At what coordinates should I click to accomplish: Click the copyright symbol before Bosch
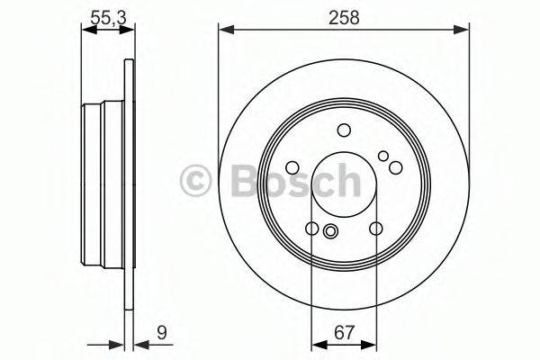(194, 177)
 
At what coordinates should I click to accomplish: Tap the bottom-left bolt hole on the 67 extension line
(311, 229)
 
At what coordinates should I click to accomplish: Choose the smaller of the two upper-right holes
(383, 157)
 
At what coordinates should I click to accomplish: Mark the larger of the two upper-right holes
(394, 166)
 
